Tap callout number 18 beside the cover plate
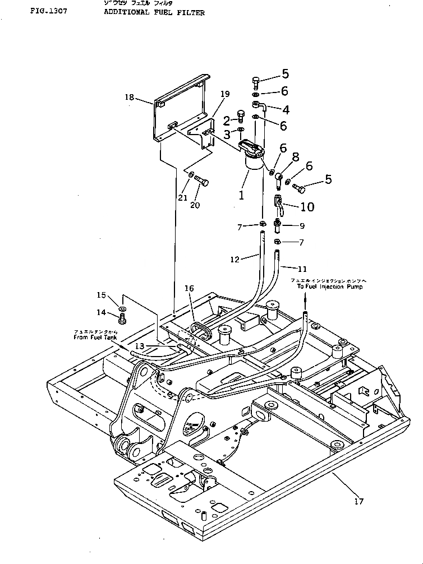[x=129, y=98]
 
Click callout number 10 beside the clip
[x=307, y=206]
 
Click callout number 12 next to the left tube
[x=236, y=259]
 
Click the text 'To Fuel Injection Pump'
[x=330, y=286]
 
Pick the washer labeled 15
[x=123, y=308]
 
